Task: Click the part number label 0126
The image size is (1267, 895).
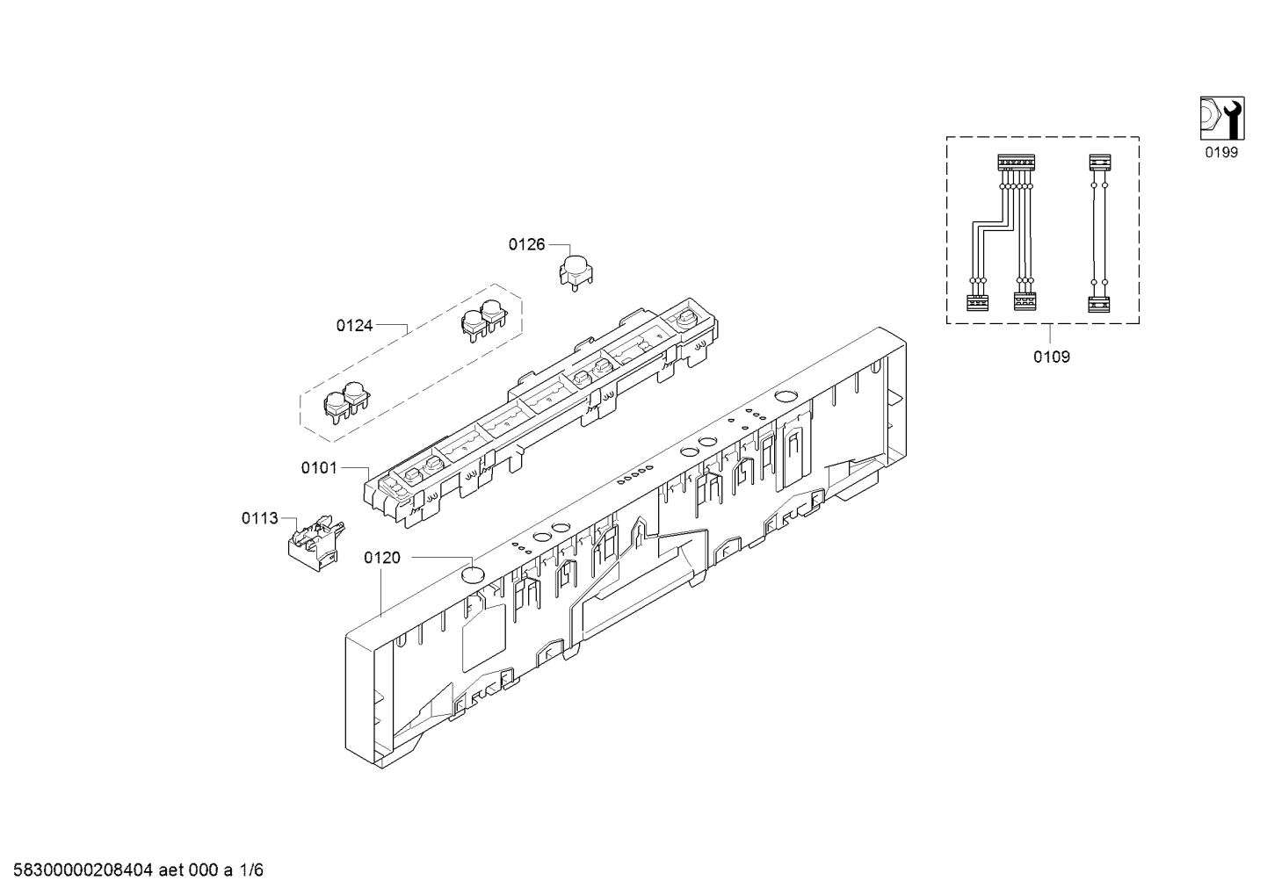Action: click(x=526, y=245)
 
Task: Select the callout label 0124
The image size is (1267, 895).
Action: click(x=355, y=326)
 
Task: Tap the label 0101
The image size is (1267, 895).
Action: click(x=319, y=468)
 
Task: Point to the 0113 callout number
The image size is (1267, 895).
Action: click(x=259, y=518)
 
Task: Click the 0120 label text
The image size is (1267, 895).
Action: click(x=382, y=558)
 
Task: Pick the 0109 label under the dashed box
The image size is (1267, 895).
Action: click(x=1052, y=357)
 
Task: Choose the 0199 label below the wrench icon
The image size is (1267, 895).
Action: click(x=1221, y=152)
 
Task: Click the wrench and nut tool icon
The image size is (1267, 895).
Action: click(x=1221, y=119)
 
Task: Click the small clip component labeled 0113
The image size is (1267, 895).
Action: click(x=315, y=542)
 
